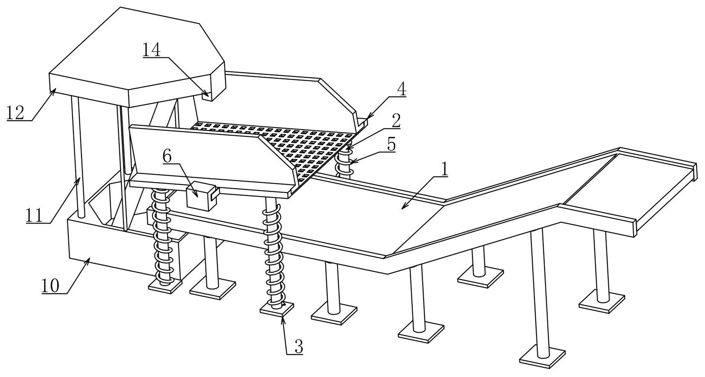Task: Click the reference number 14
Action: [x=152, y=50]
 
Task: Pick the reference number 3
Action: [x=298, y=347]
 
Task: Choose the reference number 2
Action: [x=396, y=121]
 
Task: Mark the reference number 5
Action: [x=390, y=145]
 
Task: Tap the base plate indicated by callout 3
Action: [x=277, y=309]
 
